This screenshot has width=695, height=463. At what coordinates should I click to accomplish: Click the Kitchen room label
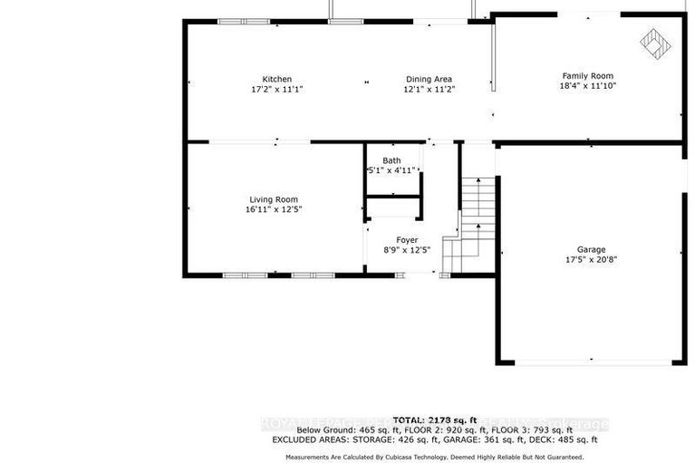pyautogui.click(x=277, y=79)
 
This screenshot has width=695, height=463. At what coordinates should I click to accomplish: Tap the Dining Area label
pyautogui.click(x=429, y=79)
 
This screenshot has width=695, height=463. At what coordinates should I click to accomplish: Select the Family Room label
pyautogui.click(x=588, y=75)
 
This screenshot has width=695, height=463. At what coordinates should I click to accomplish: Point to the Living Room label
pyautogui.click(x=274, y=199)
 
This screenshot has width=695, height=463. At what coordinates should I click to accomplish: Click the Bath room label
pyautogui.click(x=391, y=160)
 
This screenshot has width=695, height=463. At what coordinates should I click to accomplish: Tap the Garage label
pyautogui.click(x=592, y=249)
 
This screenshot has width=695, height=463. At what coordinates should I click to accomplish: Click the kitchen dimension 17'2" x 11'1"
pyautogui.click(x=277, y=90)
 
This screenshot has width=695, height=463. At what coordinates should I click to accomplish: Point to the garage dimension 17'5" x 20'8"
pyautogui.click(x=592, y=259)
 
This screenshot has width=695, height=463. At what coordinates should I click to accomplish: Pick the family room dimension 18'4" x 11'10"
pyautogui.click(x=588, y=86)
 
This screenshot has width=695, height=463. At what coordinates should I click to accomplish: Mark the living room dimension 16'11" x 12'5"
pyautogui.click(x=274, y=209)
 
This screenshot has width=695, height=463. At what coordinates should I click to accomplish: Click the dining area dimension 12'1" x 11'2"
pyautogui.click(x=429, y=90)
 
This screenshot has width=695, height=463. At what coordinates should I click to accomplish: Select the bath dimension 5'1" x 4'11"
pyautogui.click(x=391, y=170)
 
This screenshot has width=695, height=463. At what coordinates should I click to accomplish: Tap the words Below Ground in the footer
pyautogui.click(x=322, y=429)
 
